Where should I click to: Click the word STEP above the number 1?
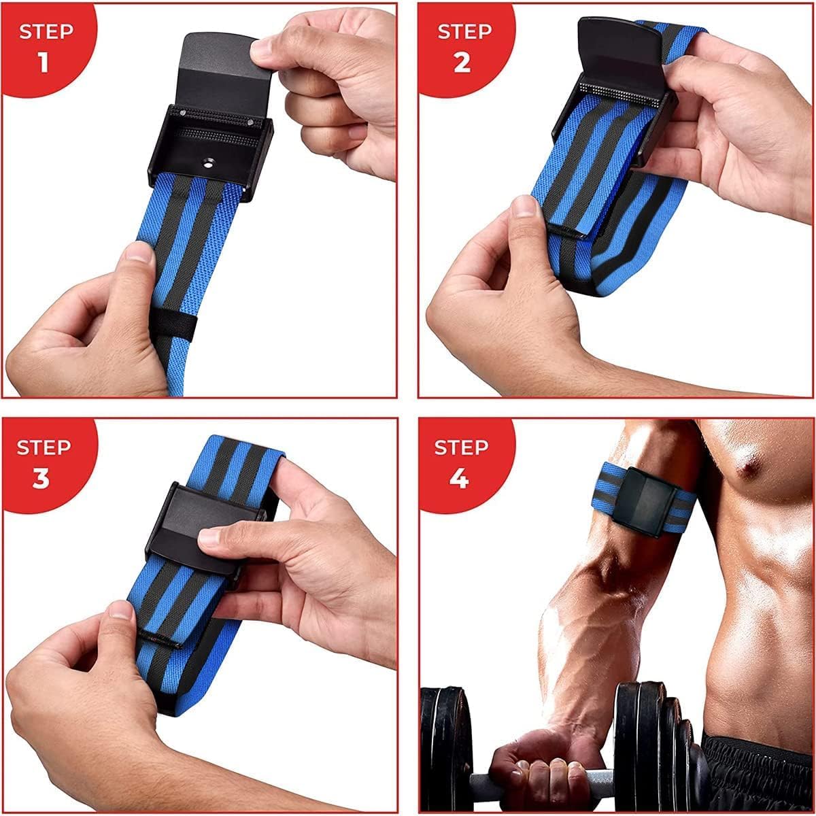45,31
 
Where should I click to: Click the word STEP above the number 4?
462,447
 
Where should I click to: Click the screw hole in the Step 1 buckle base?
206,162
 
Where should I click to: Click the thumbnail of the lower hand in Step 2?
522,206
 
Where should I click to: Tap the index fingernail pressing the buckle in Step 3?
209,537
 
